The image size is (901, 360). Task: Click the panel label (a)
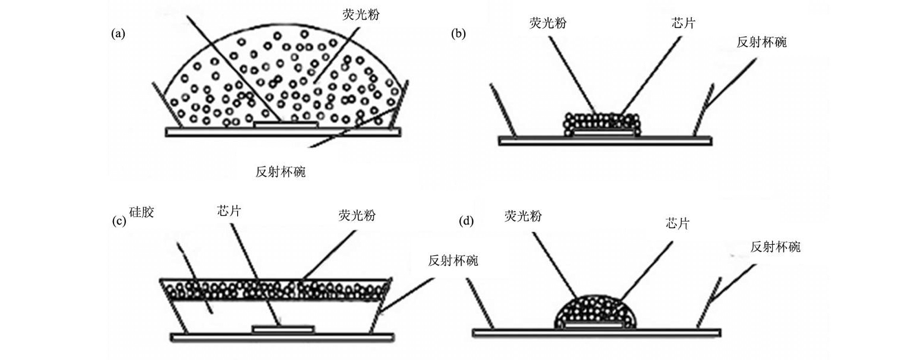pyautogui.click(x=118, y=34)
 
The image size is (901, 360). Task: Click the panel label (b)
pyautogui.click(x=458, y=34)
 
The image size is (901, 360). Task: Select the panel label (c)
pyautogui.click(x=119, y=222)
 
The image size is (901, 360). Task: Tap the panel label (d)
pyautogui.click(x=467, y=222)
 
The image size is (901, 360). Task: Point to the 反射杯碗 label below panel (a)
pyautogui.click(x=281, y=172)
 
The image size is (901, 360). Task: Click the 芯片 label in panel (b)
pyautogui.click(x=681, y=23)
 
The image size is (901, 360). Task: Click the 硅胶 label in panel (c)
pyautogui.click(x=141, y=212)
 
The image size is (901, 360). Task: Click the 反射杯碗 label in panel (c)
pyautogui.click(x=453, y=260)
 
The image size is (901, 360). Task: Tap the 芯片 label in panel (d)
pyautogui.click(x=678, y=224)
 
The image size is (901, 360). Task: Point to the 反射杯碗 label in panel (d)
pyautogui.click(x=775, y=247)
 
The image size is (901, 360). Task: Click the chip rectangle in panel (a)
pyautogui.click(x=286, y=125)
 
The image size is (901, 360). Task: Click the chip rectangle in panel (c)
pyautogui.click(x=283, y=329)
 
